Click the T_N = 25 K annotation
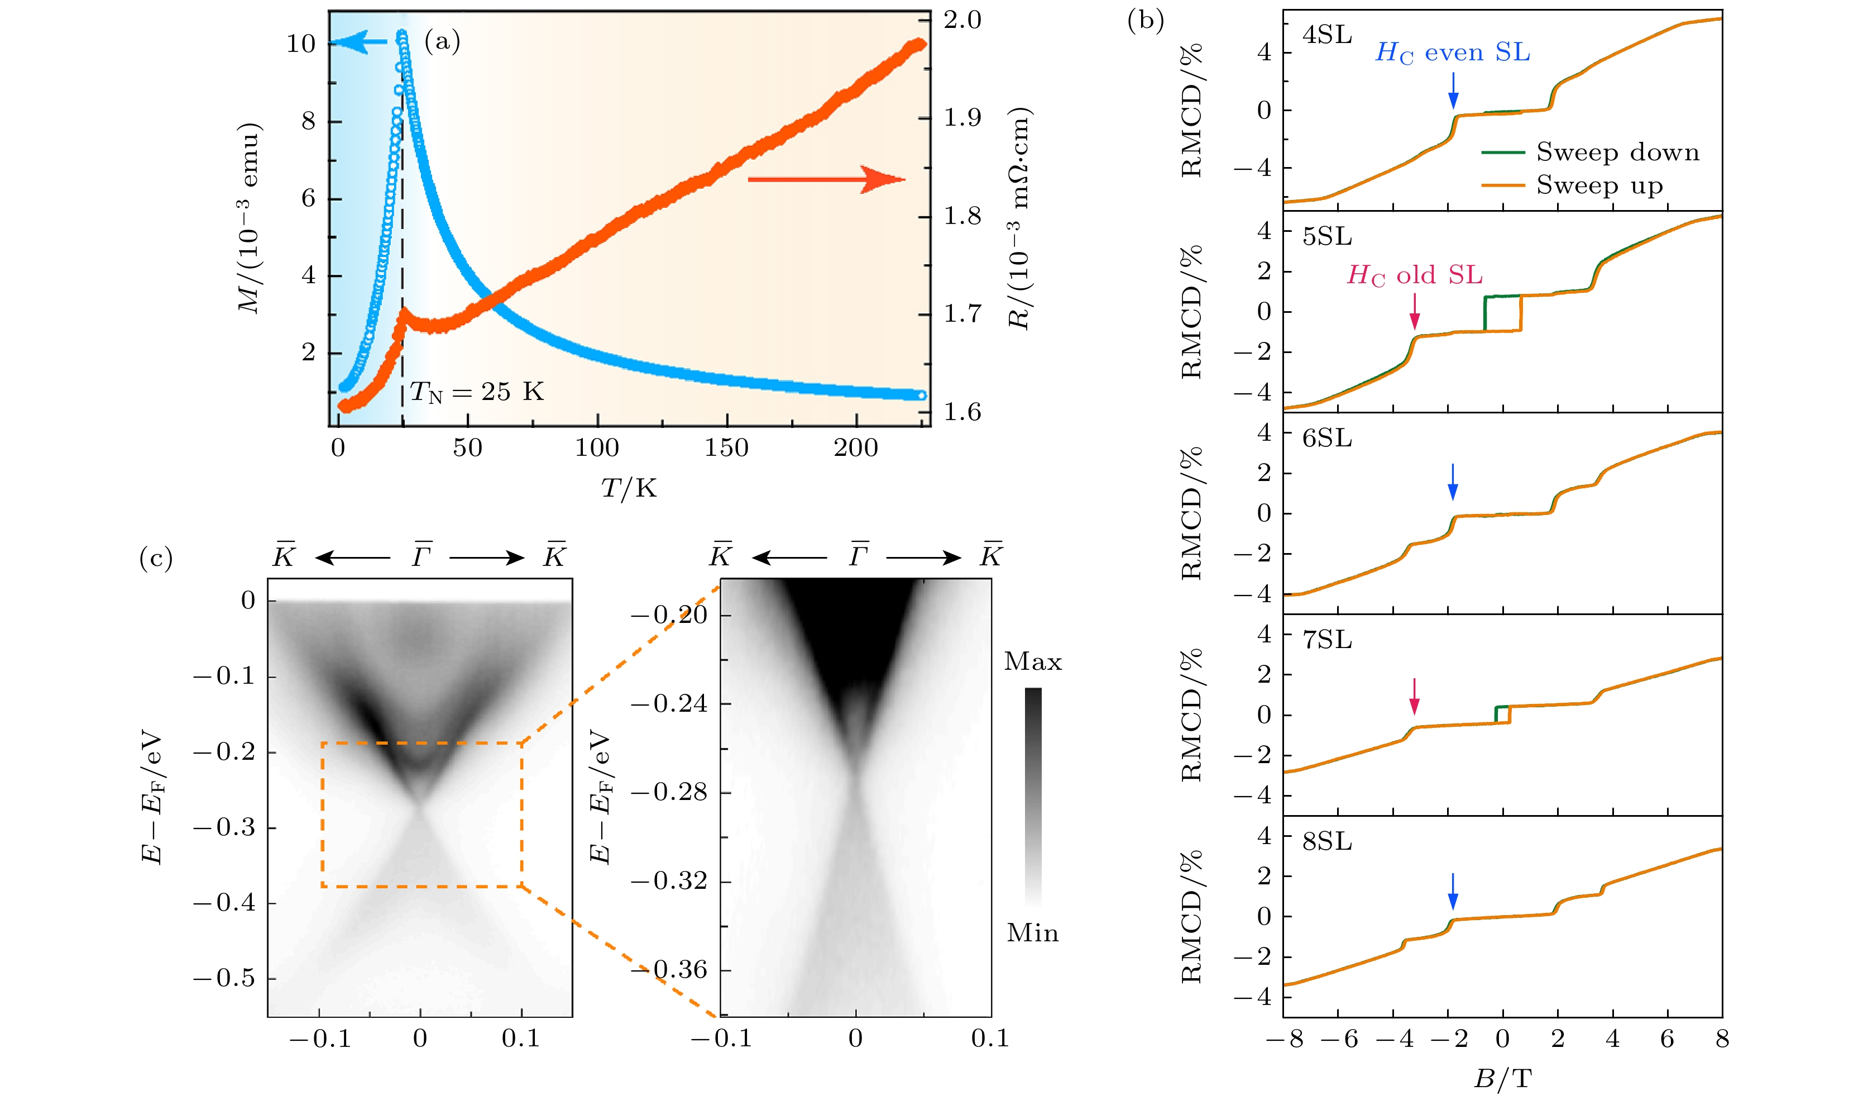(x=477, y=392)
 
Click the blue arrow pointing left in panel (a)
(x=359, y=43)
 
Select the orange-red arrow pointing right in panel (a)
(x=826, y=179)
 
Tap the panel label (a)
(x=442, y=41)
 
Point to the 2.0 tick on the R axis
(x=962, y=20)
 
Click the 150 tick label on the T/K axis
(x=726, y=448)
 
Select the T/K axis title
(x=629, y=488)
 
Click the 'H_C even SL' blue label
(x=1453, y=53)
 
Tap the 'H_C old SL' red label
(x=1414, y=275)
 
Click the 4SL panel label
(x=1327, y=35)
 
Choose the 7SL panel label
(x=1327, y=639)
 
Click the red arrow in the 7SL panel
(x=1414, y=696)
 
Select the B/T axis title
(x=1502, y=1078)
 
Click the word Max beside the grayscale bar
(x=1033, y=661)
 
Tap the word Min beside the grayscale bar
(x=1033, y=933)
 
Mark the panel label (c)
(x=156, y=558)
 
